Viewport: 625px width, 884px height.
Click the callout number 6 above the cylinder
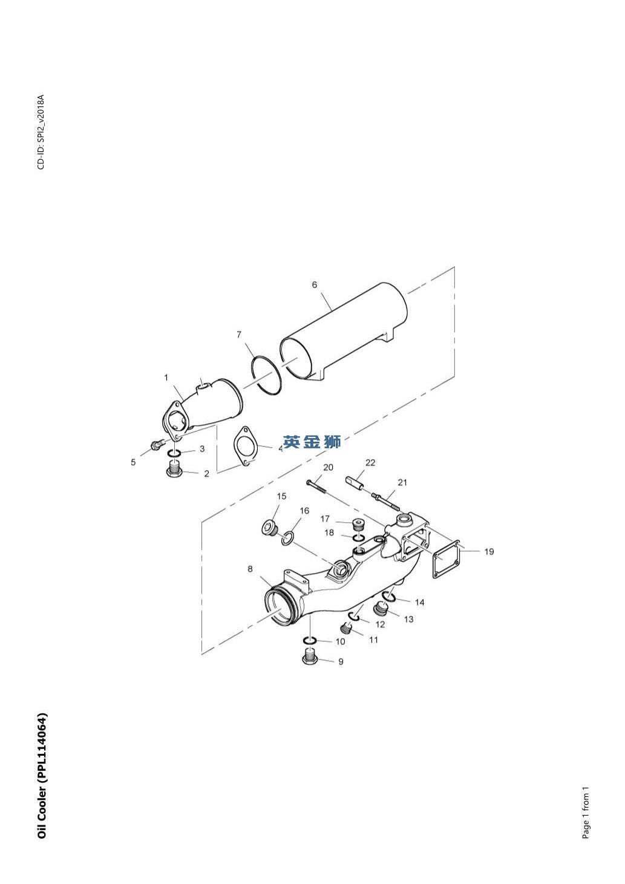(315, 284)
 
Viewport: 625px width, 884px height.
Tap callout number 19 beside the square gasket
(489, 551)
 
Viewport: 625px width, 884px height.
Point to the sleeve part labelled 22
(356, 485)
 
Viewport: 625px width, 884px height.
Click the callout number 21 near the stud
(402, 482)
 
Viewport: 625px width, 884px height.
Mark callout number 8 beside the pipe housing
(250, 569)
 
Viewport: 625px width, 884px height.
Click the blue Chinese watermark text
(312, 442)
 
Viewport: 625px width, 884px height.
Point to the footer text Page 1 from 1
(585, 813)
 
